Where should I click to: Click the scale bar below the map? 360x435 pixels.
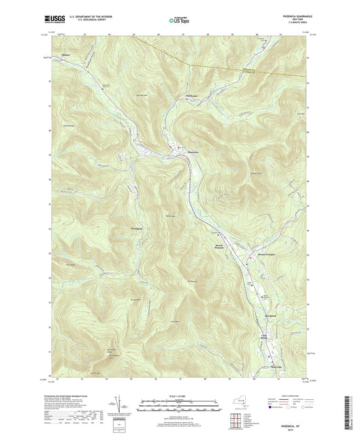180,407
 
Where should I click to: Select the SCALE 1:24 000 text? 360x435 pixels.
180,396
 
